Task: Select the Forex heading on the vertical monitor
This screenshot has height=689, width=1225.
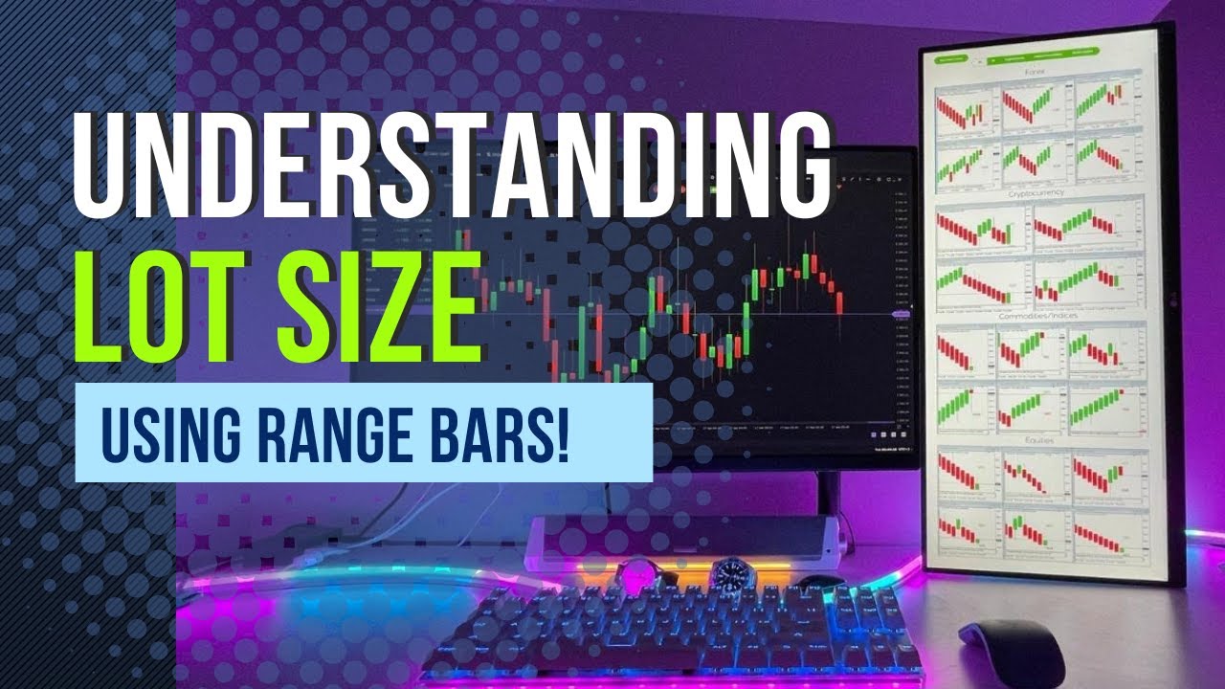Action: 1035,71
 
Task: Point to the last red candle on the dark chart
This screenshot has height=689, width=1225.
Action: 839,302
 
